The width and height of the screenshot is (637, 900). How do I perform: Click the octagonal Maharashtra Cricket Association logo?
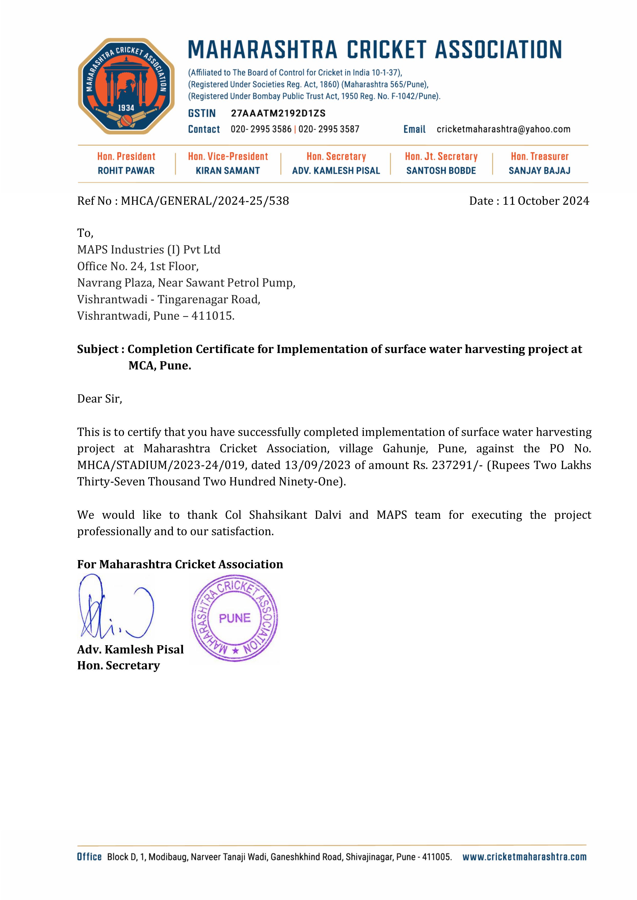coord(126,86)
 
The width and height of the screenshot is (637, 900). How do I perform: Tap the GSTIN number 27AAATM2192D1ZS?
coord(278,113)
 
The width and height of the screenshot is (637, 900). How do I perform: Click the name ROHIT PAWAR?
coord(126,171)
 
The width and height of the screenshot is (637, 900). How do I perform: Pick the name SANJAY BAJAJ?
coord(539,171)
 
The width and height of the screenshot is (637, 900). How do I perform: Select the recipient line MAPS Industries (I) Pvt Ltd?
coord(149,250)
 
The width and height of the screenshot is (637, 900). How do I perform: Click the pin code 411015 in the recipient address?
coord(212,316)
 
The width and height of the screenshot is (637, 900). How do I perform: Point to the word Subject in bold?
coord(98,349)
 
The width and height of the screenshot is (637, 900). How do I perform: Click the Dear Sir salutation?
coord(100,399)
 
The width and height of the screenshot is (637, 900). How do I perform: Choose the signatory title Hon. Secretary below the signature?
coord(118,666)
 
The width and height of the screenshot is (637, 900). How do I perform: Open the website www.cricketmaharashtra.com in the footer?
coord(525,857)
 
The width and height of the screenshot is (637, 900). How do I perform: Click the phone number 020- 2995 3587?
coord(329,129)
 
